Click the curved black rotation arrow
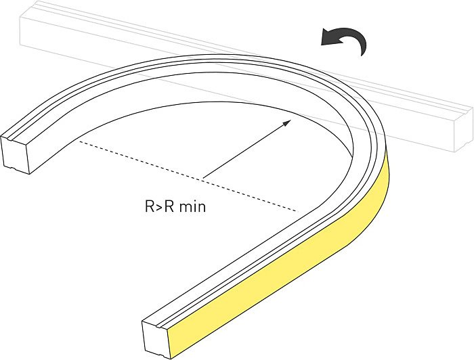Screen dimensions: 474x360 pyautogui.click(x=345, y=39)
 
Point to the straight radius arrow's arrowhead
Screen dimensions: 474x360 pyautogui.click(x=287, y=122)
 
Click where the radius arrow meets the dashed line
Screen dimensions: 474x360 pyautogui.click(x=203, y=178)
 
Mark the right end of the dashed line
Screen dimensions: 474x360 pyautogui.click(x=298, y=211)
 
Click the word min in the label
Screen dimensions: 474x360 pyautogui.click(x=192, y=207)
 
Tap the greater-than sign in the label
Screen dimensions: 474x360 pyautogui.click(x=159, y=207)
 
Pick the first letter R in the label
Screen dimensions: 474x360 pyautogui.click(x=150, y=206)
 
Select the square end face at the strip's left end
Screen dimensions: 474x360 pyautogui.click(x=14, y=154)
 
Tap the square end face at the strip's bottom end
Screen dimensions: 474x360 pyautogui.click(x=155, y=340)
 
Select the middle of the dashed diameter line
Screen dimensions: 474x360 pyautogui.click(x=188, y=177)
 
